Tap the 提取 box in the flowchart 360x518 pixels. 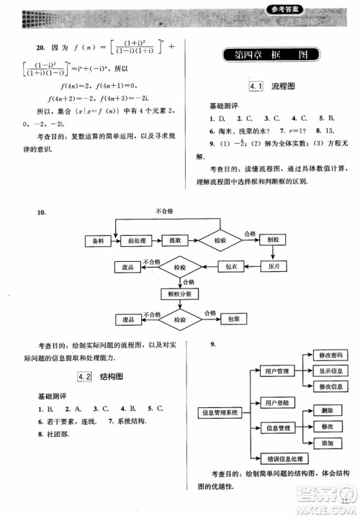174,240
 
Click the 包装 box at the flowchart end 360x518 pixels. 233,318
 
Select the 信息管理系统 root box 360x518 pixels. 219,412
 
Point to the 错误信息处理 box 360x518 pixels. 277,458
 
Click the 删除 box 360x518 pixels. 328,409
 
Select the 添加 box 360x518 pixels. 328,443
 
